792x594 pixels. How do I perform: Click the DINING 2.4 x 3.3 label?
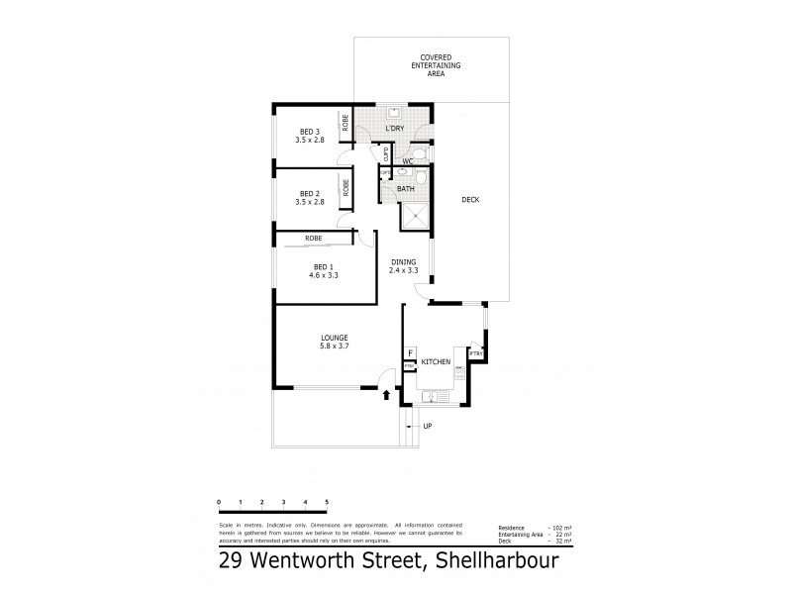[x=402, y=266]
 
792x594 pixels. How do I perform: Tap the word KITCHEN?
[x=437, y=363]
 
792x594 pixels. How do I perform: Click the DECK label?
[x=470, y=201]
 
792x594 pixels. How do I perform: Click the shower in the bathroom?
[x=416, y=213]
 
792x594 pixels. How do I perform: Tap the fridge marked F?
[x=409, y=353]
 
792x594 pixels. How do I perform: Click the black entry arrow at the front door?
[x=386, y=396]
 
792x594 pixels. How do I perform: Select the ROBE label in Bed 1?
[x=313, y=239]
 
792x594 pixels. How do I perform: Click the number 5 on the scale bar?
[x=327, y=503]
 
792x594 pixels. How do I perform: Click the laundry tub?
[x=393, y=111]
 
